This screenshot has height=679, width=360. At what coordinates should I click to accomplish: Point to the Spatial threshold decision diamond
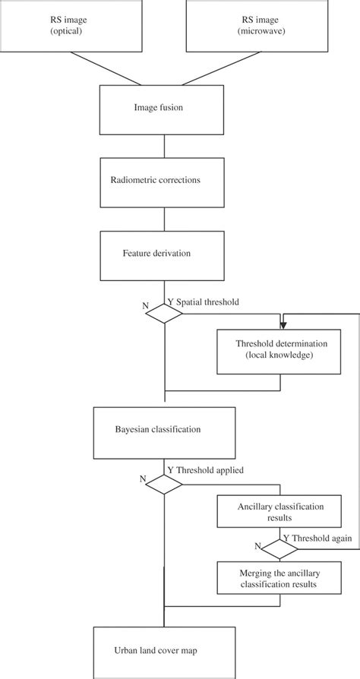pyautogui.click(x=165, y=312)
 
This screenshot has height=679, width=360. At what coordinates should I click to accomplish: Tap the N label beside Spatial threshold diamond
pyautogui.click(x=144, y=307)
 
